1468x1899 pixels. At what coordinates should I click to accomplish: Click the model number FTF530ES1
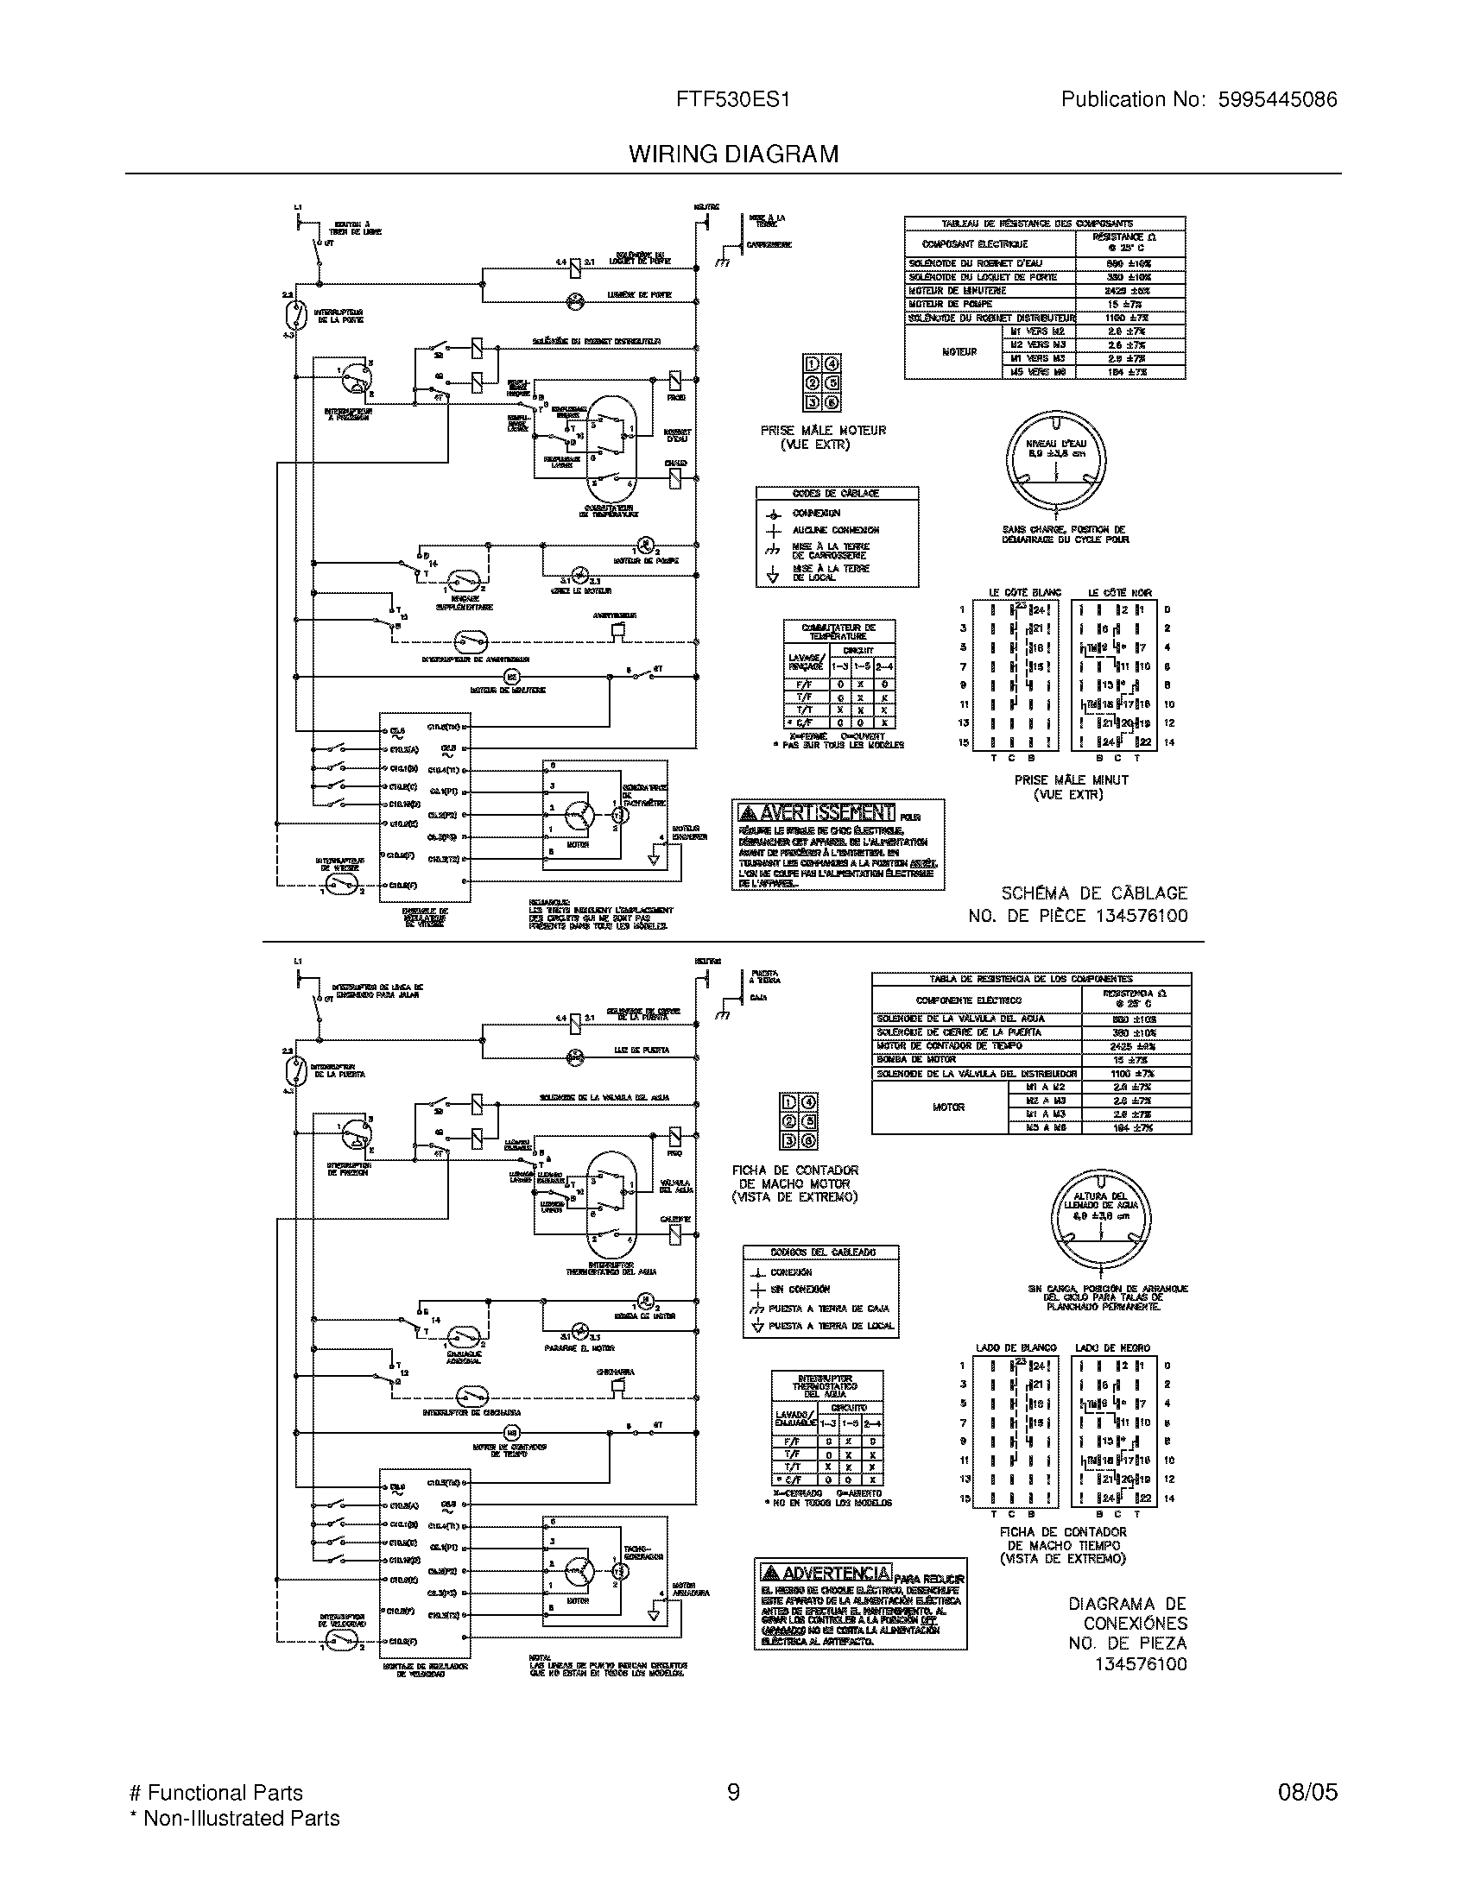click(x=733, y=99)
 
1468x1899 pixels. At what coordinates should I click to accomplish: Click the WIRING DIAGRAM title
click(x=733, y=154)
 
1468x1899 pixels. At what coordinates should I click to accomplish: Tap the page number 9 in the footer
click(x=733, y=1792)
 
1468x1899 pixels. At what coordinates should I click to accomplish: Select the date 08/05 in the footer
click(x=1307, y=1792)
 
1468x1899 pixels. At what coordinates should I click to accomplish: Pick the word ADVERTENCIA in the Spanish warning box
click(x=837, y=1573)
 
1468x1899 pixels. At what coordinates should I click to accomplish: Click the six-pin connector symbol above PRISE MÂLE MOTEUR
click(x=822, y=382)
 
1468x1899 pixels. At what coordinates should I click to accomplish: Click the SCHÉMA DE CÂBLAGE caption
click(x=1093, y=893)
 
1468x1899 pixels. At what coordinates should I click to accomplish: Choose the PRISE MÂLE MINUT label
click(x=1072, y=780)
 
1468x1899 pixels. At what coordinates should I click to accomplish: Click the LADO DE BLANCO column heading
click(x=1016, y=1347)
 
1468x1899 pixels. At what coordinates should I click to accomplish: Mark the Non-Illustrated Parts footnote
click(x=234, y=1818)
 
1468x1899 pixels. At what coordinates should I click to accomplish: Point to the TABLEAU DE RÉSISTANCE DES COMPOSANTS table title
click(x=1044, y=223)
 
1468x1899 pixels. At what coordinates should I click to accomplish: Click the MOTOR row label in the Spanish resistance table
click(x=948, y=1107)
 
